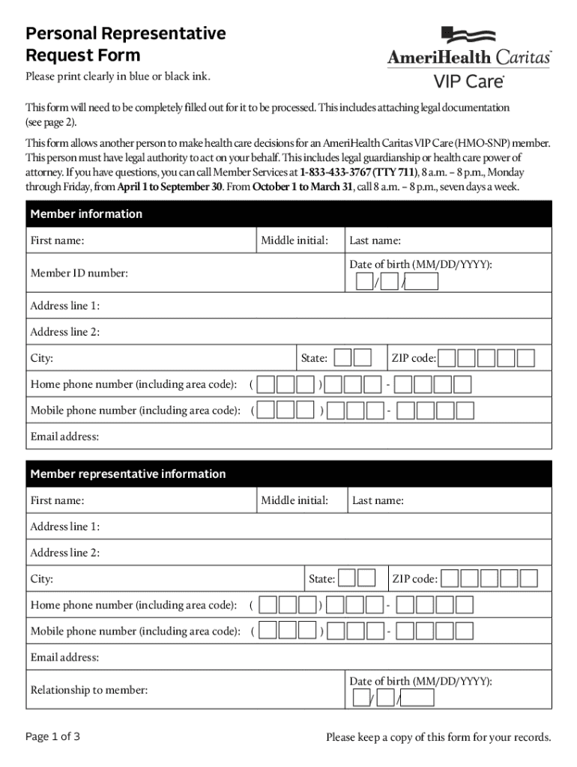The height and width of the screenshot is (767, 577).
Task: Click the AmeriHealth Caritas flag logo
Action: point(468,35)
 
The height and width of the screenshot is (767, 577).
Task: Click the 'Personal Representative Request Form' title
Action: point(125,44)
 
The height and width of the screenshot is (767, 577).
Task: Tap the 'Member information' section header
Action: point(86,214)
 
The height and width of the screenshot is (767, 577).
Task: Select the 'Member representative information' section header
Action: point(127,474)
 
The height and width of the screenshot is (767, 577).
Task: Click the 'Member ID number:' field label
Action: point(79,273)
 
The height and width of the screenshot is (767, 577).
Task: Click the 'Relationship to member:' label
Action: point(88,690)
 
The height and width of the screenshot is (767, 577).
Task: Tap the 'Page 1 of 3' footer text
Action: point(52,737)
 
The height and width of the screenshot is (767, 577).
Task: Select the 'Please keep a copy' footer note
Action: point(438,738)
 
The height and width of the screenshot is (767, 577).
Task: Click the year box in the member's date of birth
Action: point(422,282)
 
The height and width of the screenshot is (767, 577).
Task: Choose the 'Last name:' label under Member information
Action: point(375,240)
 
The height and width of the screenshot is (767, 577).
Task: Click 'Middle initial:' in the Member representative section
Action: point(294,500)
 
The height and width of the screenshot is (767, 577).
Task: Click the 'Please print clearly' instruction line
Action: point(118,76)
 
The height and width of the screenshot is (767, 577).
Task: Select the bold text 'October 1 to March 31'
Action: point(302,187)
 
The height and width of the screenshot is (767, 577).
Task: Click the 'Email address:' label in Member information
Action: point(64,437)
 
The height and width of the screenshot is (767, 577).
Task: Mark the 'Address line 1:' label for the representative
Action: point(64,527)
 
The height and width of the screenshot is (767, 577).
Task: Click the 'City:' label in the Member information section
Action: point(41,358)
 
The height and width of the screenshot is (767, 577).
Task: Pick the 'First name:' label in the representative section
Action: point(57,500)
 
